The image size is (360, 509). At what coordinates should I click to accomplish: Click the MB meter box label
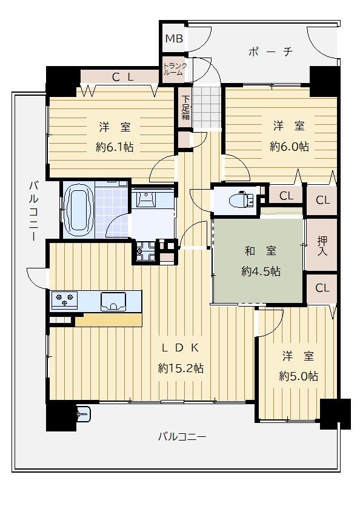pos(174,39)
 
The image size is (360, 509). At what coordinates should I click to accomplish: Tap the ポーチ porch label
pos(271,52)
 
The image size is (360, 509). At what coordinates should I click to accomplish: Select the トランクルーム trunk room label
pos(175,69)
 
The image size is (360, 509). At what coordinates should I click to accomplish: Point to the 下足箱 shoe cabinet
pos(185,108)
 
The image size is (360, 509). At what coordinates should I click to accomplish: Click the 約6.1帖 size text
pos(115,147)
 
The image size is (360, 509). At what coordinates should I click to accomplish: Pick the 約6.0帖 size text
pos(289,147)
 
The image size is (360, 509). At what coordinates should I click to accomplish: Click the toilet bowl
pos(242,199)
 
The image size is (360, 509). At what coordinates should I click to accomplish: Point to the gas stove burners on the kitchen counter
pos(65,300)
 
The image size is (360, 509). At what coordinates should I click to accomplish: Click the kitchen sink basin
pos(113,302)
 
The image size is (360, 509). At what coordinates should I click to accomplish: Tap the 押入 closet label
pos(322,246)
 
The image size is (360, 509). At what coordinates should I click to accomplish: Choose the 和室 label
pos(261,251)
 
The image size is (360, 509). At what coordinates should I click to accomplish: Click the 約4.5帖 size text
pos(261,271)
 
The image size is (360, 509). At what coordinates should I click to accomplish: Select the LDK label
pos(181,348)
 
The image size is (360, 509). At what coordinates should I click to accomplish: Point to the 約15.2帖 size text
pos(181,368)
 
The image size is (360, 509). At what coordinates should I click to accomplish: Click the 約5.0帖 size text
pos(298,376)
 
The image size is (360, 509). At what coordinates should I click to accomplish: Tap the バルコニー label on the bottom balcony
pos(182,437)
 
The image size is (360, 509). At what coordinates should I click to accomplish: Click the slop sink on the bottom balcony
pos(84,413)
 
